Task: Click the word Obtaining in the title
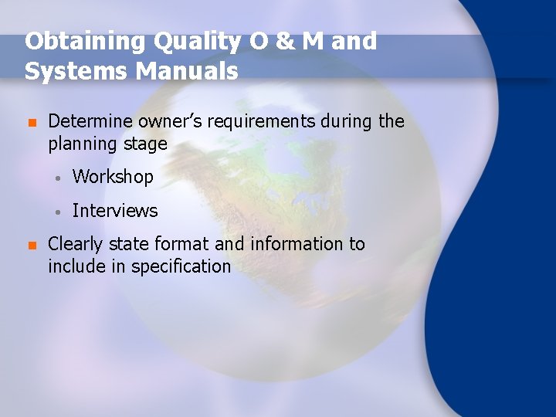72,42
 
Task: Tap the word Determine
91,121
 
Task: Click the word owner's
175,121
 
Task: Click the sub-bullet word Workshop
113,177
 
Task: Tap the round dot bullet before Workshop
58,178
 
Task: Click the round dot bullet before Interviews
58,212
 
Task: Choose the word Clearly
76,245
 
